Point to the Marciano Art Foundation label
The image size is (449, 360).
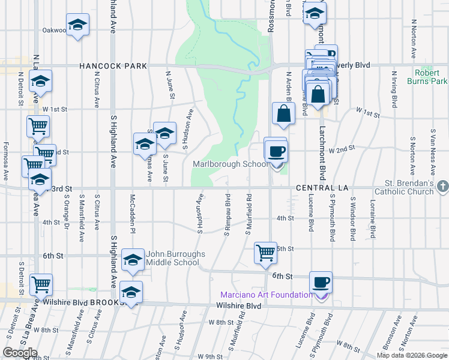coord(266,295)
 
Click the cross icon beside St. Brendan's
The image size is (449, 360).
coord(442,187)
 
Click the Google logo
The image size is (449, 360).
coord(20,353)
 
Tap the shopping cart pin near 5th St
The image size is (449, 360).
coord(265,252)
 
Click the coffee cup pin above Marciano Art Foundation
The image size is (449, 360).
coord(320,281)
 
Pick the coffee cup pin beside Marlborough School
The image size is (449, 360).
coord(276,150)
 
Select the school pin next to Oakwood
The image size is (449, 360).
coord(77,25)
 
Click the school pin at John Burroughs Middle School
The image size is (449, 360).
coord(133,260)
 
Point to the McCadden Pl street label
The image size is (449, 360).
coord(133,214)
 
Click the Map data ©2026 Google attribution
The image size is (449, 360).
coord(412,355)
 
